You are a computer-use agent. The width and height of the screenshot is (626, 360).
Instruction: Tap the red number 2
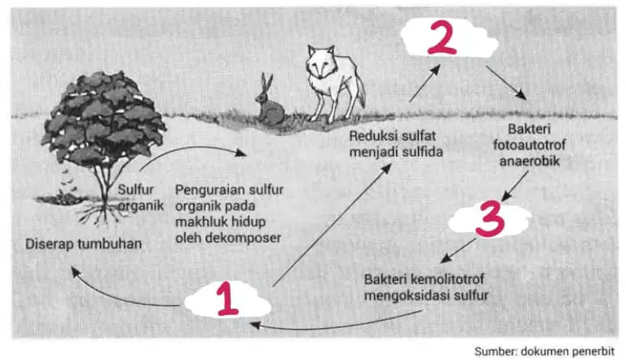click(x=442, y=37)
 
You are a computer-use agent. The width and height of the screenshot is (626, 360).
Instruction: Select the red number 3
click(x=490, y=219)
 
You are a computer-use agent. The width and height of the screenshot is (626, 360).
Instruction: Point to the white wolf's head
click(x=320, y=62)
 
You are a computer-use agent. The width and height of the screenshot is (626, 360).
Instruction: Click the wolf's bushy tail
click(x=359, y=91)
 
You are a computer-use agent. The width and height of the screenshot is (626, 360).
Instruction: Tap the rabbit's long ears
click(x=267, y=83)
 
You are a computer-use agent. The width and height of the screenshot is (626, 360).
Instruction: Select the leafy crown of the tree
click(x=104, y=116)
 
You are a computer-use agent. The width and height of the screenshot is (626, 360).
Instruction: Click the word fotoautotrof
click(x=529, y=145)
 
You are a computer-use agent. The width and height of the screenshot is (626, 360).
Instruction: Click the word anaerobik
click(x=529, y=161)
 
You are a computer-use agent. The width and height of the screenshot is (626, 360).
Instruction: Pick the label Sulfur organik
click(x=140, y=197)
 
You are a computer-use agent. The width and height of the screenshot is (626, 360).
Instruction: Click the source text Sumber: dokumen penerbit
click(x=544, y=351)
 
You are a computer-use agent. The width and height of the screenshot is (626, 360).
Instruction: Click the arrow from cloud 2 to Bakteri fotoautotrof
click(x=506, y=82)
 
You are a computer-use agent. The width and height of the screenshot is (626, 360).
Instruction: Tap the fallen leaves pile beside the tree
click(x=63, y=198)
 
